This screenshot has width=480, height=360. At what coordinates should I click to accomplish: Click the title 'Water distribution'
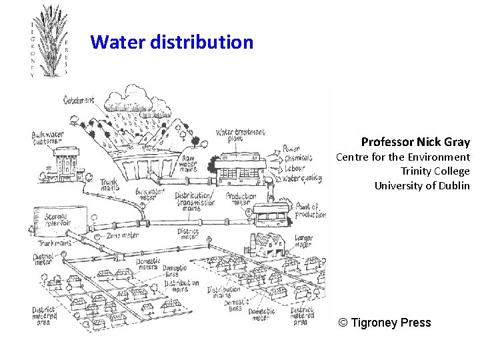tap(172, 43)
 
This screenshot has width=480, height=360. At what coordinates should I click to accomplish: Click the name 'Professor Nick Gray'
tap(415, 142)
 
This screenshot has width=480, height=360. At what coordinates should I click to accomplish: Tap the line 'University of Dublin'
tap(422, 185)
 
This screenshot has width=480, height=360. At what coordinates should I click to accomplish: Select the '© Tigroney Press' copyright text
tap(385, 323)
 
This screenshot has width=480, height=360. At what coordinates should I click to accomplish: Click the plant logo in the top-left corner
tap(49, 39)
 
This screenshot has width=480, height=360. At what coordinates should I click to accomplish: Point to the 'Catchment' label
tap(79, 101)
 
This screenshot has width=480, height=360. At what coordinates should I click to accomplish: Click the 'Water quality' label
tap(301, 178)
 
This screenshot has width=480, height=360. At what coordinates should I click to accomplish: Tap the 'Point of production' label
tap(311, 211)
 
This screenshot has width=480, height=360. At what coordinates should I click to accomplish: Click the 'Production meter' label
tap(241, 199)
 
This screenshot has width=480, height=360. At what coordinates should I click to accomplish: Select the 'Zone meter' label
tap(121, 235)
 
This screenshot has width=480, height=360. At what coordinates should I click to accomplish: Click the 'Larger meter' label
tap(303, 241)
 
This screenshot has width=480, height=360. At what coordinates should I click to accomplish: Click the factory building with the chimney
tap(268, 245)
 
